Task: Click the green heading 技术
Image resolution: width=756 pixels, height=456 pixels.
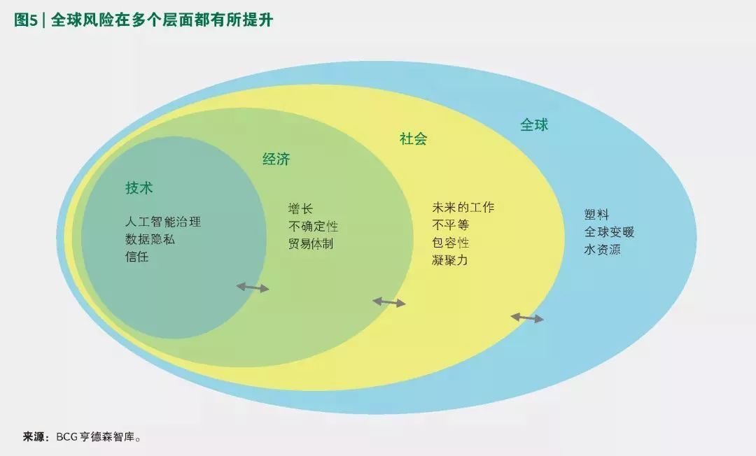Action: pyautogui.click(x=139, y=188)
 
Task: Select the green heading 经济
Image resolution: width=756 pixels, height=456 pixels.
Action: pyautogui.click(x=276, y=159)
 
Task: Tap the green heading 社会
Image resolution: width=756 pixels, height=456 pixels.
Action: pyautogui.click(x=413, y=139)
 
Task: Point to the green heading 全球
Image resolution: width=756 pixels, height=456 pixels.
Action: pyautogui.click(x=534, y=125)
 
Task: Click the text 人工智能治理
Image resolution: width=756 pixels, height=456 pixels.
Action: pyautogui.click(x=163, y=222)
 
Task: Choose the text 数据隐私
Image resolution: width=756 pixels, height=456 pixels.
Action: pyautogui.click(x=150, y=239)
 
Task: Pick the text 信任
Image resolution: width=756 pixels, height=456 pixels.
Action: pyautogui.click(x=137, y=257)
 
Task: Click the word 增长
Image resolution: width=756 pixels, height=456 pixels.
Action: pyautogui.click(x=301, y=209)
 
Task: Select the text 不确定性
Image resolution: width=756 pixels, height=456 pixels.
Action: pyautogui.click(x=314, y=227)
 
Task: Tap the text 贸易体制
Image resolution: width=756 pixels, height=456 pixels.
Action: pyautogui.click(x=311, y=243)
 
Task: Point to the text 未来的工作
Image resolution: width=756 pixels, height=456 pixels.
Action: pyautogui.click(x=463, y=208)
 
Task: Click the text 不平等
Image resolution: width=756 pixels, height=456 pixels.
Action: pyautogui.click(x=451, y=225)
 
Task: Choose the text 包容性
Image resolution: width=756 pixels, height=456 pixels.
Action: pyautogui.click(x=451, y=243)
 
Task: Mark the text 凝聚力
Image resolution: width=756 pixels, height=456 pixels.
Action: pyautogui.click(x=450, y=260)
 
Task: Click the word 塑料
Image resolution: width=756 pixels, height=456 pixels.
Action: pyautogui.click(x=597, y=215)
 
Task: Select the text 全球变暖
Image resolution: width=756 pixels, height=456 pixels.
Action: pyautogui.click(x=610, y=232)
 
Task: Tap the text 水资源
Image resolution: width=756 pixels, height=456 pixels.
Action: pyautogui.click(x=603, y=250)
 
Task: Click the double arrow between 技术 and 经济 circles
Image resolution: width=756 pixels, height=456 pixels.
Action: pyautogui.click(x=253, y=287)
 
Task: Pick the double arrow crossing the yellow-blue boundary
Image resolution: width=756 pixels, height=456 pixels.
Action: pyautogui.click(x=527, y=318)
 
